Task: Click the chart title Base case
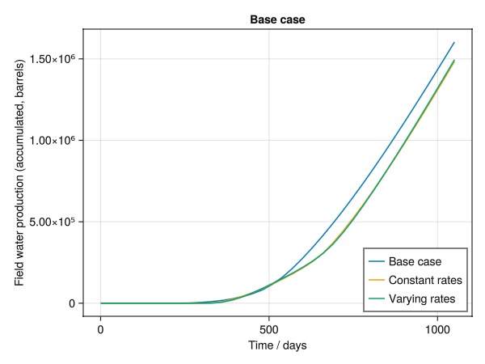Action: coord(277,19)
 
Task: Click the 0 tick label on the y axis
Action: coord(71,303)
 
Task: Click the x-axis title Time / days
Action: coord(277,345)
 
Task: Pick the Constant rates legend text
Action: coord(425,281)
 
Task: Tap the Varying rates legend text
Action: coord(423,299)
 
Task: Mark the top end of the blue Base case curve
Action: coord(454,43)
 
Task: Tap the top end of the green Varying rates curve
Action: coord(454,60)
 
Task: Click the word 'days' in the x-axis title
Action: coord(294,345)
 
